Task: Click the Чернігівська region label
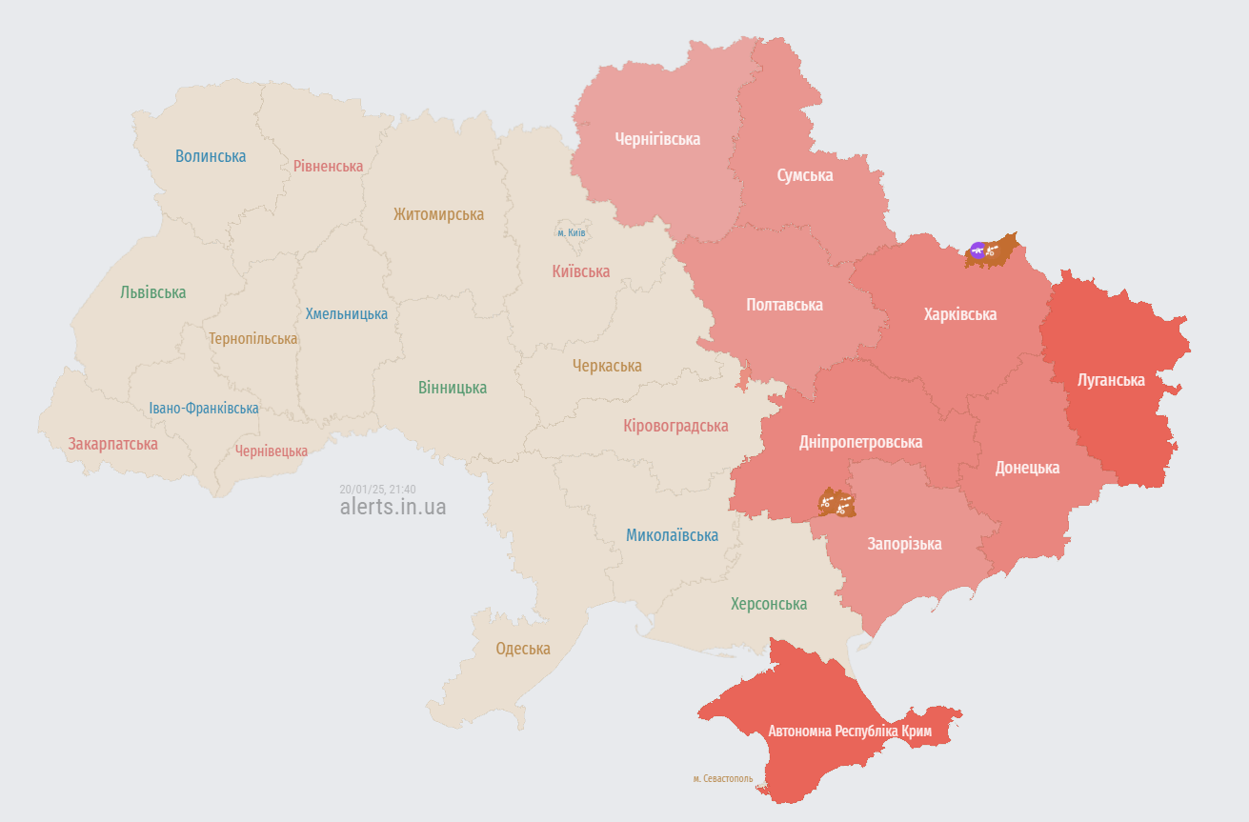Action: point(657,139)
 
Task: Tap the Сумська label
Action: point(804,175)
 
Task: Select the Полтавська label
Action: point(784,305)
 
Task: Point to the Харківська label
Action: point(959,313)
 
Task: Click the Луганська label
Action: point(1111,380)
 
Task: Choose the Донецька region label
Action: point(1027,468)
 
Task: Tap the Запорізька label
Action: point(904,544)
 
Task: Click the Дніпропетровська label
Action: point(860,442)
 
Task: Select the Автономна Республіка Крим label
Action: point(850,732)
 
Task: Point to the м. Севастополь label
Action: point(722,778)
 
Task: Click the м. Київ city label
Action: point(572,232)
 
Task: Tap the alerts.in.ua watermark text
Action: point(393,507)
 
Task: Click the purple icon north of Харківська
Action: point(977,251)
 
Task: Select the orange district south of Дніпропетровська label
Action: point(837,503)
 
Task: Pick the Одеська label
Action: point(523,649)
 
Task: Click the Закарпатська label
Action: point(112,444)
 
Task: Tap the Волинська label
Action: point(211,156)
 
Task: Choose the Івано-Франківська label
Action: point(203,409)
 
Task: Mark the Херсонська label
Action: point(768,604)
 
